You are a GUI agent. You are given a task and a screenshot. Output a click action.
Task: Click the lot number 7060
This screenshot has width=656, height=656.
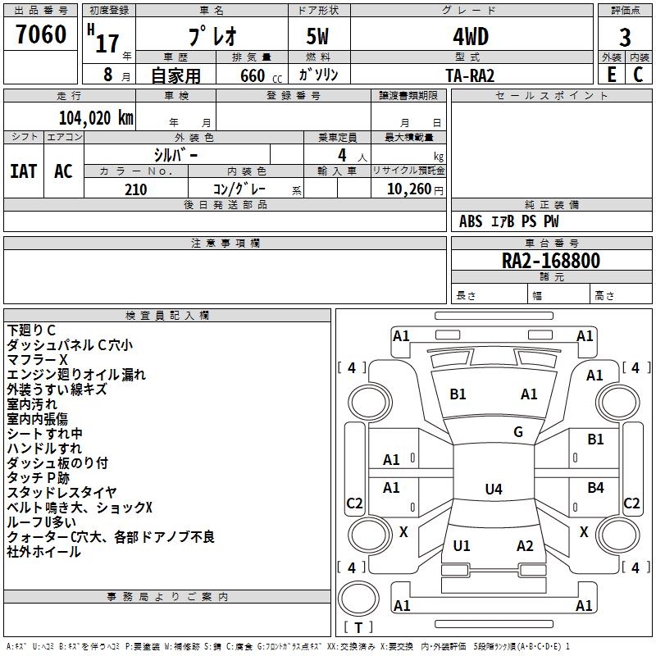click(x=41, y=34)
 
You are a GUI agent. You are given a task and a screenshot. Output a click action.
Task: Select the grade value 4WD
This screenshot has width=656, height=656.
click(x=470, y=38)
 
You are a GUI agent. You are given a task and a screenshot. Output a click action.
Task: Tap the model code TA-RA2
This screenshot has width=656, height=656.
click(x=470, y=75)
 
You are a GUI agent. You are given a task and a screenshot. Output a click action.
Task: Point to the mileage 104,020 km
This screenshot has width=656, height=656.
click(x=96, y=117)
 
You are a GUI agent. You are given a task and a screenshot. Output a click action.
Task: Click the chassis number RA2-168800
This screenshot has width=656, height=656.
click(x=550, y=262)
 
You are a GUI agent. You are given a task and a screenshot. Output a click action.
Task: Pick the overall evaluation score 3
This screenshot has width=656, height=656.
click(x=625, y=38)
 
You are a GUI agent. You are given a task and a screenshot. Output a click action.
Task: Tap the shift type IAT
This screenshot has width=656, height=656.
click(x=24, y=171)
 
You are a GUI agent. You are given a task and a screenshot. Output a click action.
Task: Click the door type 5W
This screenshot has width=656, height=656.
click(x=319, y=38)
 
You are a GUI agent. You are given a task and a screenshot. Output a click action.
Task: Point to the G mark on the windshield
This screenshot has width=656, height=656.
click(x=518, y=432)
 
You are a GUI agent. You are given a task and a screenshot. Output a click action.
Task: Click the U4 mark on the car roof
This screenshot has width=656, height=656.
click(x=493, y=490)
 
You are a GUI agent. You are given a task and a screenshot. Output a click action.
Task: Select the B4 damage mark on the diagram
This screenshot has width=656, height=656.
click(x=595, y=488)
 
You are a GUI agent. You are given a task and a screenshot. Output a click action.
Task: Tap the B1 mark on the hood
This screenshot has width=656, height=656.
click(x=458, y=394)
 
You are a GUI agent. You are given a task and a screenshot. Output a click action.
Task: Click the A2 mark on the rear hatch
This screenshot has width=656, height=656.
click(x=525, y=546)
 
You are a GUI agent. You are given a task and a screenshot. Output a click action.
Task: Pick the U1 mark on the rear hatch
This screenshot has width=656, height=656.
click(x=462, y=546)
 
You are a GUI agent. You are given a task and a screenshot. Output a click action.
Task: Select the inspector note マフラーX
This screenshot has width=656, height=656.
click(x=38, y=360)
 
